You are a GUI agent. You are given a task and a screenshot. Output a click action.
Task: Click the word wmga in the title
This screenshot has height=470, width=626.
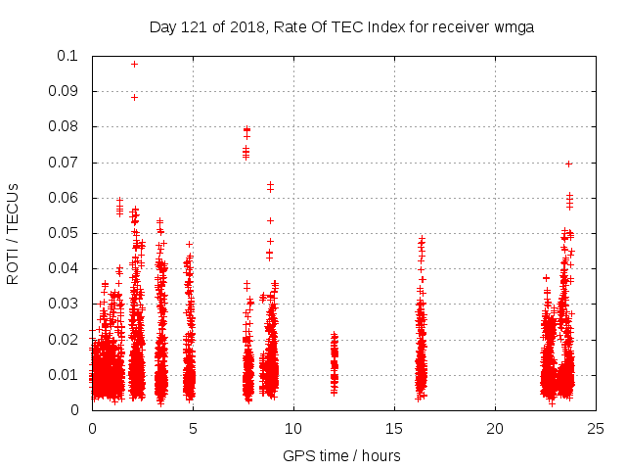point(517,26)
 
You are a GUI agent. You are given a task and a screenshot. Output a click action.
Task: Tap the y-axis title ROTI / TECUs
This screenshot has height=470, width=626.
point(13,233)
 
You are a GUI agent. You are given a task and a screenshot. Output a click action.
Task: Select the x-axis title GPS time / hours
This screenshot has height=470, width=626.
point(341,455)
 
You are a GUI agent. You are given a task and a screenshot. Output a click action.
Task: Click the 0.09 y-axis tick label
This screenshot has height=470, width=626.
point(66,91)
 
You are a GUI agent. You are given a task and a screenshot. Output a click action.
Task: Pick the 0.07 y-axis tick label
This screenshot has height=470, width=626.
point(66,162)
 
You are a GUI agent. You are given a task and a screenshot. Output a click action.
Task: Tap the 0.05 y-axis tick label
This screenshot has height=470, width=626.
point(66,233)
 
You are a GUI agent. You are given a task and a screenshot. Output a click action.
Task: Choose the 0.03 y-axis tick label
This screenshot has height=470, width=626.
point(66,304)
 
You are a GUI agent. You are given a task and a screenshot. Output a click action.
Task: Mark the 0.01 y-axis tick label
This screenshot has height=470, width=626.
point(66,374)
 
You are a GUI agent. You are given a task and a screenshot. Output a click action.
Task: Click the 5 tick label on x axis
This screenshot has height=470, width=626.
point(193,428)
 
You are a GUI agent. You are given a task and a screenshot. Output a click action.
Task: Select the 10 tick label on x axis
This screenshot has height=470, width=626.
point(293,428)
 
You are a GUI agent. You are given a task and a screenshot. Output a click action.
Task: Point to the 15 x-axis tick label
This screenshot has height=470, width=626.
point(394,428)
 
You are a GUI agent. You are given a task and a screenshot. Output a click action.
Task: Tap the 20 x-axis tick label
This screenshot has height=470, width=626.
point(495,428)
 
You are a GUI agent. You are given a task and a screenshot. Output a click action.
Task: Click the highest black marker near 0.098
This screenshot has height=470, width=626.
point(134,64)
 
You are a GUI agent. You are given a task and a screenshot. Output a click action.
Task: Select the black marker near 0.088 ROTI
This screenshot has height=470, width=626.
point(134,97)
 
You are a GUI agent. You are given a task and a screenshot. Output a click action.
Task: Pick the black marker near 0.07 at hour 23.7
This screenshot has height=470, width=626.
point(568,164)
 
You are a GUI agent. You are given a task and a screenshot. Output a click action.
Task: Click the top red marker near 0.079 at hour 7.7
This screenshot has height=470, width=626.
point(246,129)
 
